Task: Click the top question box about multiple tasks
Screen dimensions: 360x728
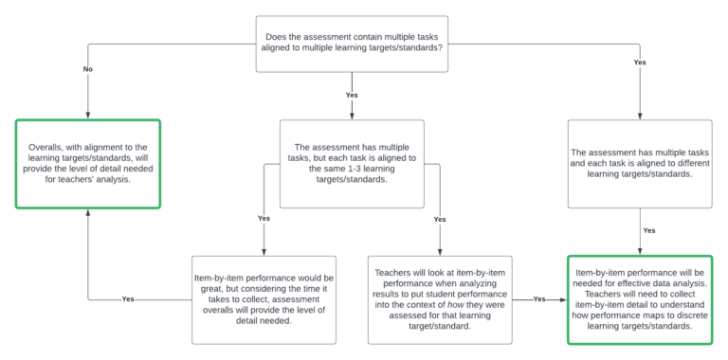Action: tap(352, 44)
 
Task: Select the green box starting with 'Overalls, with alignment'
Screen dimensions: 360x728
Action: tap(87, 163)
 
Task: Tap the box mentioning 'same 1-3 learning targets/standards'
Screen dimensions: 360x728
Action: tap(352, 163)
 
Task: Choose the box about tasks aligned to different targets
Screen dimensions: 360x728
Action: tap(640, 163)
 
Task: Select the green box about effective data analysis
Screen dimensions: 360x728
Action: tap(640, 299)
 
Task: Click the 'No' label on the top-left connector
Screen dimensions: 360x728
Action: tap(87, 70)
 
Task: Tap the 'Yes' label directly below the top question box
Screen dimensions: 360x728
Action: tap(352, 96)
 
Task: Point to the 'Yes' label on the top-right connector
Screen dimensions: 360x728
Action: tap(640, 62)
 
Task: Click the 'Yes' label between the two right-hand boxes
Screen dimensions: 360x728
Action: tap(649, 230)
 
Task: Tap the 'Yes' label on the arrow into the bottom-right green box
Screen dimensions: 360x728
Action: tap(540, 299)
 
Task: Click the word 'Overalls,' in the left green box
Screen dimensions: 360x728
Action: tap(46, 147)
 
